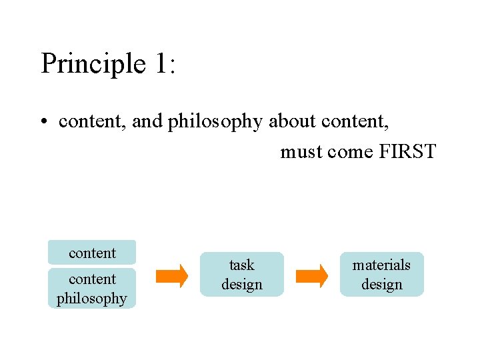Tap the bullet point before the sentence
(44, 122)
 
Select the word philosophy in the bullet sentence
(217, 122)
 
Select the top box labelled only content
(92, 253)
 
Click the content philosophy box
(92, 289)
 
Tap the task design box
(241, 275)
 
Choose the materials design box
(381, 275)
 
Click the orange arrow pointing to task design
(172, 275)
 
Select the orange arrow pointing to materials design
(312, 275)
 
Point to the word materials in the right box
(381, 265)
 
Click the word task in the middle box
(241, 265)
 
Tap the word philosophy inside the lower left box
(92, 299)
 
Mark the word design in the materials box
(381, 285)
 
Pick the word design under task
(241, 285)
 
